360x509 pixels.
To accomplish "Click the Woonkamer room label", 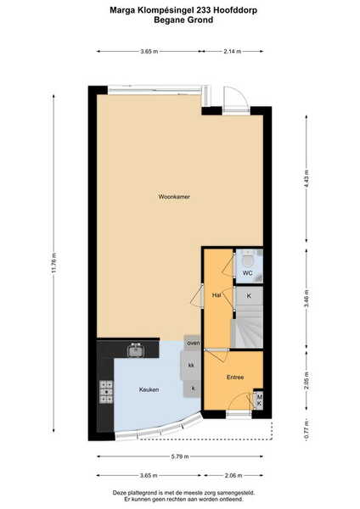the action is click(x=174, y=197).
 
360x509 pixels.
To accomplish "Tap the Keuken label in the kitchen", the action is click(x=149, y=389).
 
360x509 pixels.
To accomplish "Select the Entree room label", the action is click(x=235, y=378).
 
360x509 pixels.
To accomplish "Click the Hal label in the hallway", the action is click(x=217, y=295).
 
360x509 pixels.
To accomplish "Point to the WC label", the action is click(x=248, y=273).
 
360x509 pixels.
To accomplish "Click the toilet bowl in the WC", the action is click(x=249, y=260).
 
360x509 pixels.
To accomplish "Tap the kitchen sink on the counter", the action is click(x=136, y=350).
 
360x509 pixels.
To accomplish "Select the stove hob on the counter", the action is click(x=106, y=392).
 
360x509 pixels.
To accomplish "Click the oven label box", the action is click(x=193, y=343).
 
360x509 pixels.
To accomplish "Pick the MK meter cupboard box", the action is click(x=259, y=400).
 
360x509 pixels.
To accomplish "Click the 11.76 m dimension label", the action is click(x=54, y=263).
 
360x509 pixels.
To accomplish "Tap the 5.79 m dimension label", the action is click(x=180, y=456).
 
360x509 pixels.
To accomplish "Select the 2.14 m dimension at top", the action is click(x=233, y=51).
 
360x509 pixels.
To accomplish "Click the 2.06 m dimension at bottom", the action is click(x=233, y=476).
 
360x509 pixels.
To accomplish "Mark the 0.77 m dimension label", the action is click(x=307, y=430).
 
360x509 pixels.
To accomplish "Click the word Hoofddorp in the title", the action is click(x=235, y=10).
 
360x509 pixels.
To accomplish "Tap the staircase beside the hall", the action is click(x=247, y=327).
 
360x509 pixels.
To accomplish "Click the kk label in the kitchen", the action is click(x=191, y=365).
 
